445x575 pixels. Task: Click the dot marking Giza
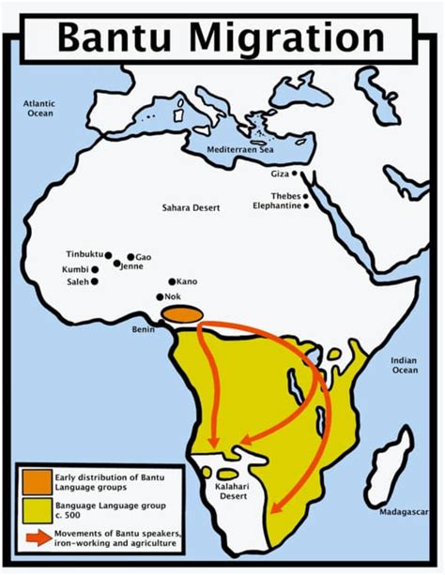(x=294, y=174)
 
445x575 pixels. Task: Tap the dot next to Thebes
(x=304, y=196)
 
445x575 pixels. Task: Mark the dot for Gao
(x=130, y=257)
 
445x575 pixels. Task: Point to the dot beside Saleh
(x=94, y=281)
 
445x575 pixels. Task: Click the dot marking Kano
(x=170, y=281)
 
